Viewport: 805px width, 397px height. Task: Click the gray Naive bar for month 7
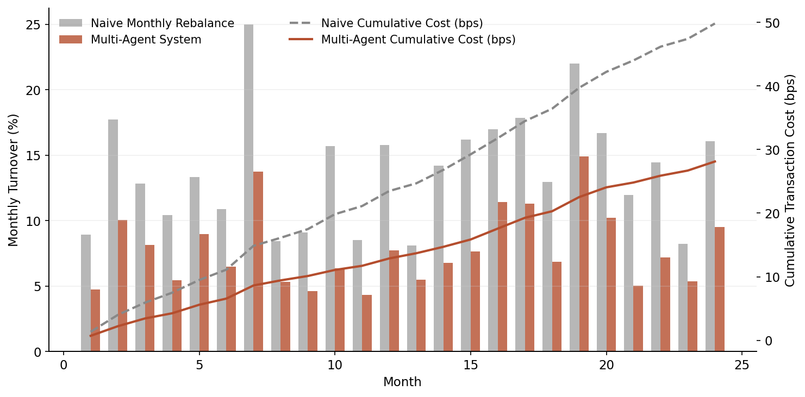coord(248,188)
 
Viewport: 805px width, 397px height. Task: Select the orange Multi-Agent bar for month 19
coord(584,254)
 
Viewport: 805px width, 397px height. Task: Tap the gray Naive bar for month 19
coord(575,207)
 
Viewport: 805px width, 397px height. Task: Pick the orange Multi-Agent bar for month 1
coord(95,320)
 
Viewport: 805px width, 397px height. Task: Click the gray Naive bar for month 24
coord(710,246)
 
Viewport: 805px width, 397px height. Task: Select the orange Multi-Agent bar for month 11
coord(367,323)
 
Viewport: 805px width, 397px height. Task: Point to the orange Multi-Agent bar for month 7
coord(258,261)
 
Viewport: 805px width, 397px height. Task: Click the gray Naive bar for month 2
coord(113,235)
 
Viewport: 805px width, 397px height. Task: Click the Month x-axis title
coord(402,382)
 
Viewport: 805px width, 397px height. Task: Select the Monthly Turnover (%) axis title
coord(14,180)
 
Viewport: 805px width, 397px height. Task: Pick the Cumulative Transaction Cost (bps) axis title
coord(790,180)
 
